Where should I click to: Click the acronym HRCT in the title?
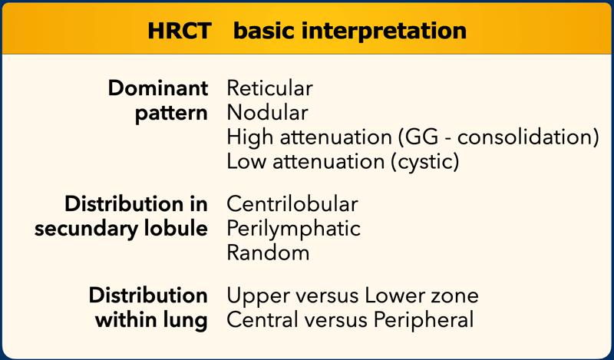pos(180,31)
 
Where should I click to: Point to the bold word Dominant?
pos(158,88)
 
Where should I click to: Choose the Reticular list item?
pos(270,88)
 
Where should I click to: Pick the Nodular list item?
pos(267,113)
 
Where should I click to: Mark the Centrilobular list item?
pos(292,203)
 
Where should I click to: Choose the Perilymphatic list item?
pos(294,229)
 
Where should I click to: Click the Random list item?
pos(268,253)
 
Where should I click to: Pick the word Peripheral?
pos(424,320)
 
